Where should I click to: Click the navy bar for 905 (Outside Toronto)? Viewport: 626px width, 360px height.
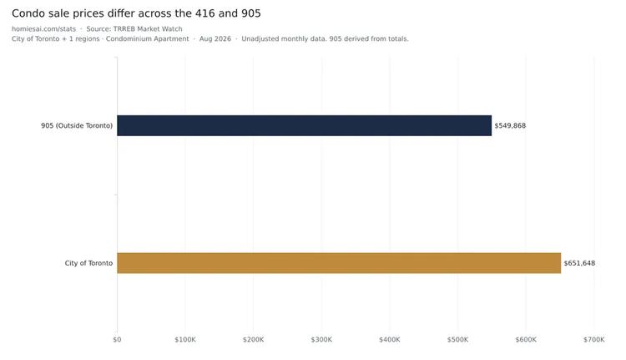(x=304, y=125)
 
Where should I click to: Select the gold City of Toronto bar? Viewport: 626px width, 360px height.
(x=339, y=263)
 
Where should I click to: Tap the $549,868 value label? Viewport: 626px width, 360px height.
(x=510, y=125)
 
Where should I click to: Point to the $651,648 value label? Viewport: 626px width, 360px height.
(x=579, y=263)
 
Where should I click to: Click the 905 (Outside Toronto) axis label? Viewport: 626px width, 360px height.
(x=77, y=125)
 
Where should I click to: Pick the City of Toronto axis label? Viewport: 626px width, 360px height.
(x=88, y=263)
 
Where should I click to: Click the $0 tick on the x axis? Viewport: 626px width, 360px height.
(x=117, y=340)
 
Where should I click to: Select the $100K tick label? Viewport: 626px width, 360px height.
(x=185, y=340)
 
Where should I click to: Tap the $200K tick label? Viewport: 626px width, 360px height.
(x=254, y=340)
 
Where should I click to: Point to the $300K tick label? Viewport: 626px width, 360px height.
(x=321, y=340)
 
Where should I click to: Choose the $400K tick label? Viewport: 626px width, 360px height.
(x=390, y=340)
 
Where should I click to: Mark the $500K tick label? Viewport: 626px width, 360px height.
(x=457, y=340)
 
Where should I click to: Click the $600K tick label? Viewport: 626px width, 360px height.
(x=526, y=340)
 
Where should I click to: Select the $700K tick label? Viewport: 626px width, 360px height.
(x=594, y=340)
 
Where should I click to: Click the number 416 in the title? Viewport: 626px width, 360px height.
(x=204, y=13)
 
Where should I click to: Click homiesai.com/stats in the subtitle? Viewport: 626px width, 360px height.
(x=43, y=28)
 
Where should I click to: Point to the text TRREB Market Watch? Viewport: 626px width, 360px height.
(x=148, y=28)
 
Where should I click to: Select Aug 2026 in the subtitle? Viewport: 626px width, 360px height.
(x=215, y=38)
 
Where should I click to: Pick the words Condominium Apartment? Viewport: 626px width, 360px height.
(x=147, y=38)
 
